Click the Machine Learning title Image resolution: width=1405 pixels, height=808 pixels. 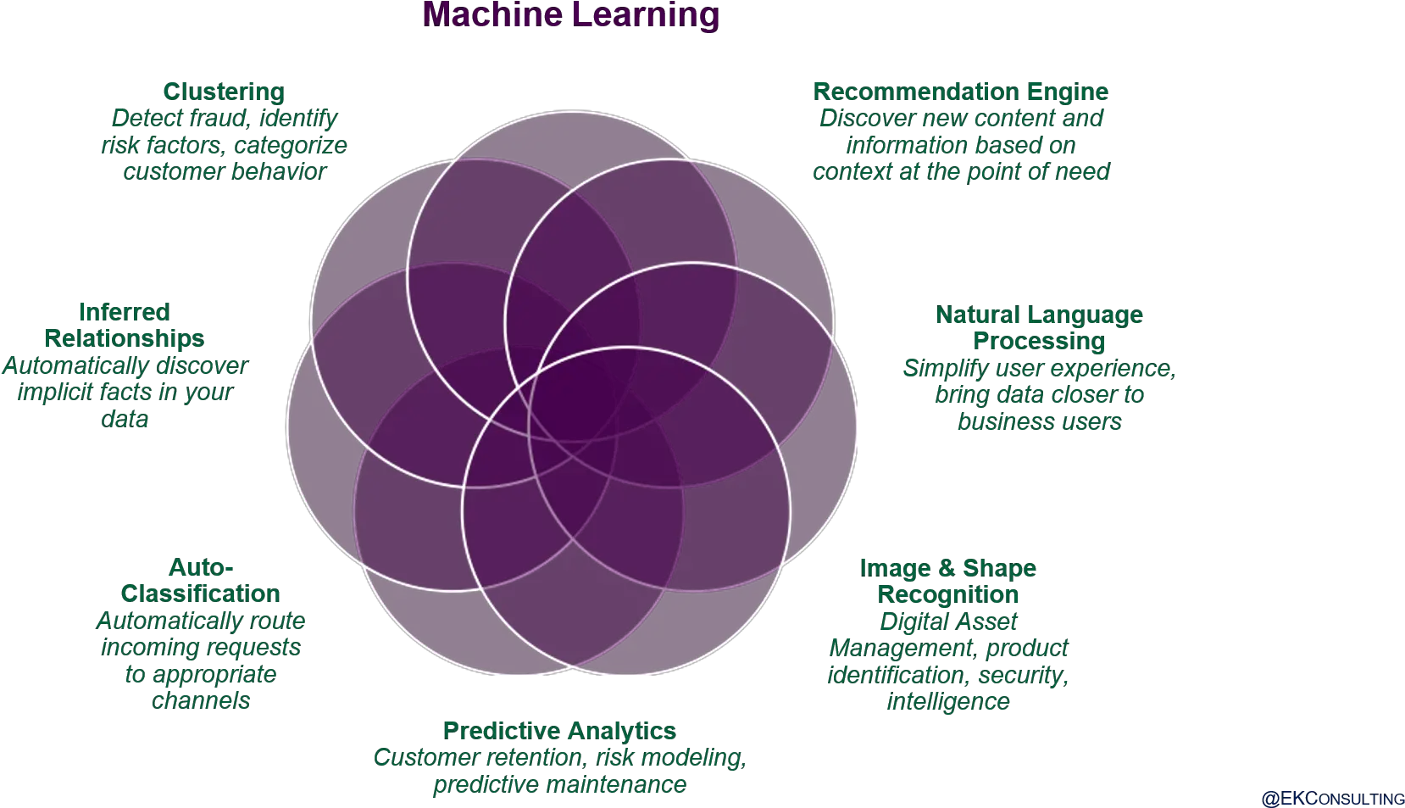coord(570,14)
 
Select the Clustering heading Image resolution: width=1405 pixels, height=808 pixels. coord(224,92)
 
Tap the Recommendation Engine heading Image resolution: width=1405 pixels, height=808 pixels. coord(961,92)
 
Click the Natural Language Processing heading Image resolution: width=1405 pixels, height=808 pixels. coord(1039,328)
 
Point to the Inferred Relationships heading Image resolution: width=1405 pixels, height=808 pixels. coord(124,326)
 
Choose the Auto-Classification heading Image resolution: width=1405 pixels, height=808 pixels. coord(201,581)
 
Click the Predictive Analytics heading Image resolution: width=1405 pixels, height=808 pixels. coord(559,731)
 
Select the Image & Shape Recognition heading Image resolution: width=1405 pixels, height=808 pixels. coord(948,581)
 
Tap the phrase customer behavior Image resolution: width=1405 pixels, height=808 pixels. coord(224,172)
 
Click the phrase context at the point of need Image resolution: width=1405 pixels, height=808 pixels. coord(961,172)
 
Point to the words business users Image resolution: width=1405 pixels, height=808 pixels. coord(1039,421)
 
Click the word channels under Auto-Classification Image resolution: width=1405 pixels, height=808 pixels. coord(201,701)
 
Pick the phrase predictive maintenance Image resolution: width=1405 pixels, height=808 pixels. coord(559,785)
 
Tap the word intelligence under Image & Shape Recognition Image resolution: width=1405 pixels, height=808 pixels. coord(948,702)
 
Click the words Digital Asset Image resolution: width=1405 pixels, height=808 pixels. coord(948,621)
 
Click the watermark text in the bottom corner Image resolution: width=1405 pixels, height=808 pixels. coord(1332,799)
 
